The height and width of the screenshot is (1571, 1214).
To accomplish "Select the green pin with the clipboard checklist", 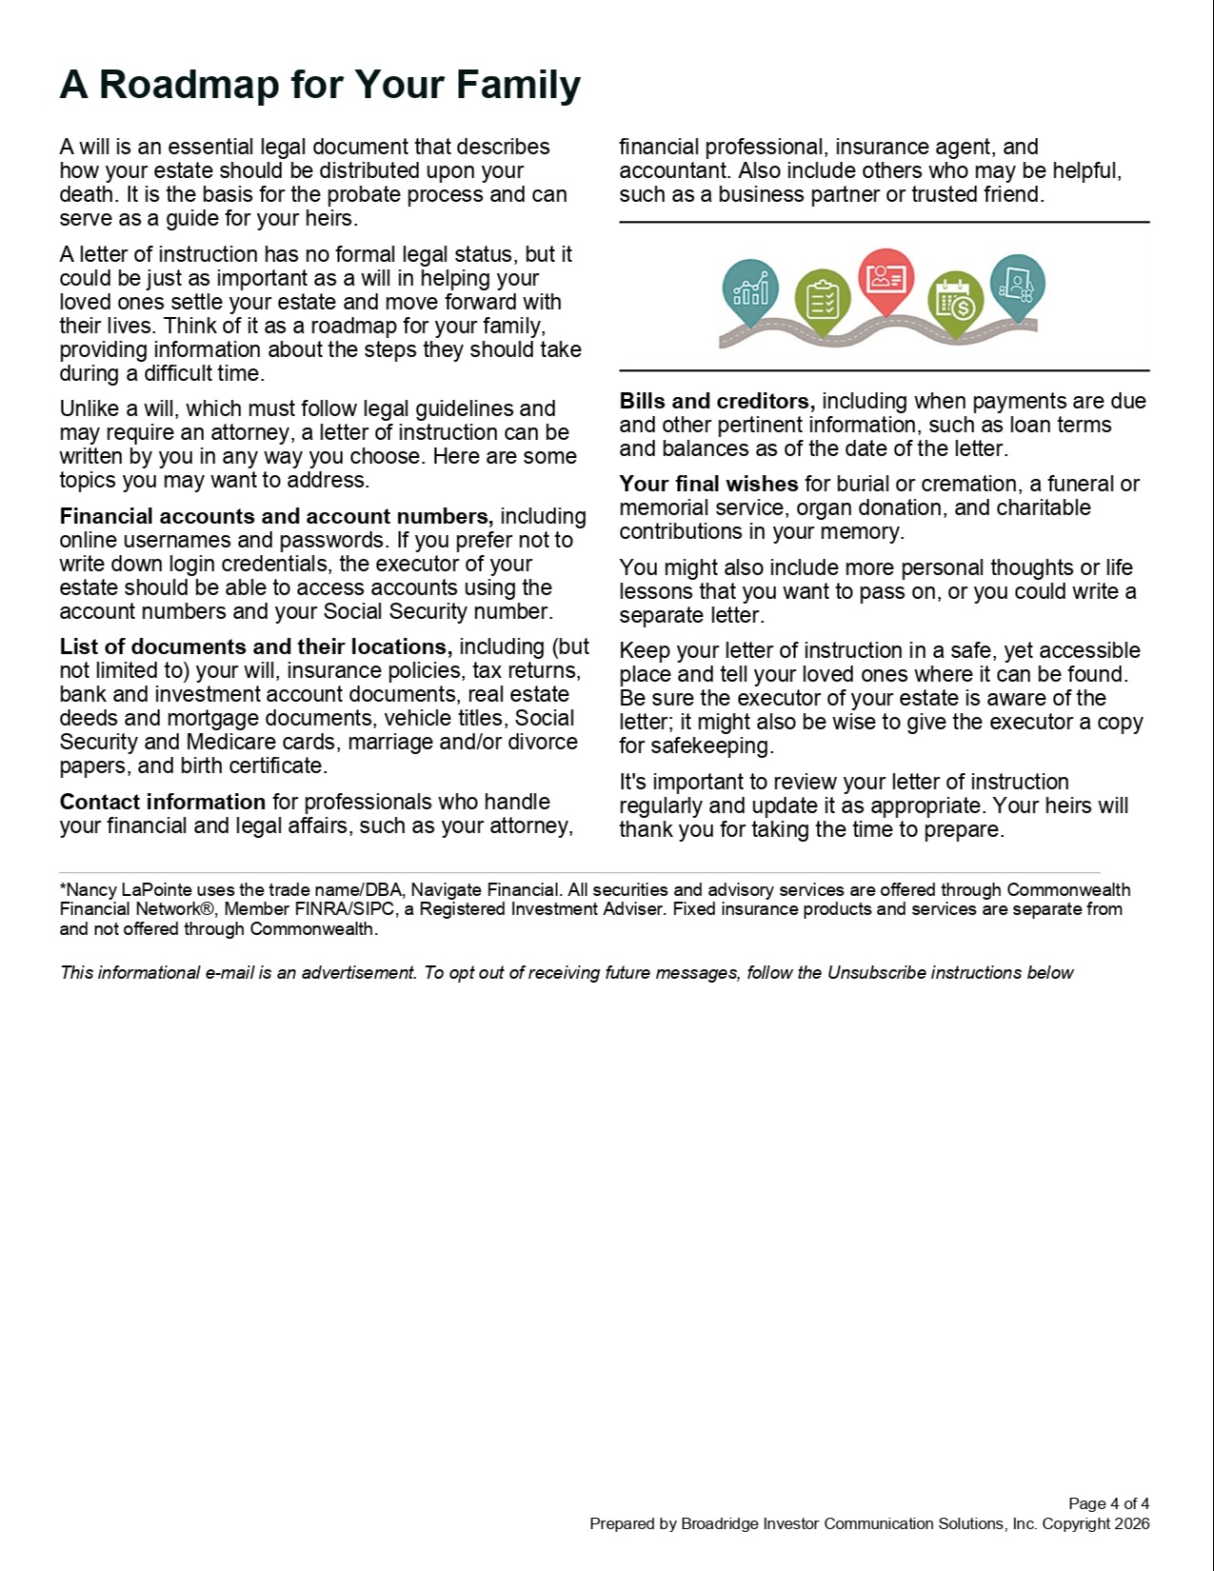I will coord(822,299).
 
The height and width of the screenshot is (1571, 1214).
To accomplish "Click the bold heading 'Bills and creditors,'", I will coord(717,402).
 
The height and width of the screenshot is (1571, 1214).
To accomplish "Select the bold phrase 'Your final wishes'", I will coord(708,485).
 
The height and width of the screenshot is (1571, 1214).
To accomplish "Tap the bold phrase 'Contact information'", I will coord(162,803).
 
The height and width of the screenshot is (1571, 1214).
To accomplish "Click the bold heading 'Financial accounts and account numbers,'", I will coord(276,517).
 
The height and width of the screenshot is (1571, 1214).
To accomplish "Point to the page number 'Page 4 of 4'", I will coord(1108,1504).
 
